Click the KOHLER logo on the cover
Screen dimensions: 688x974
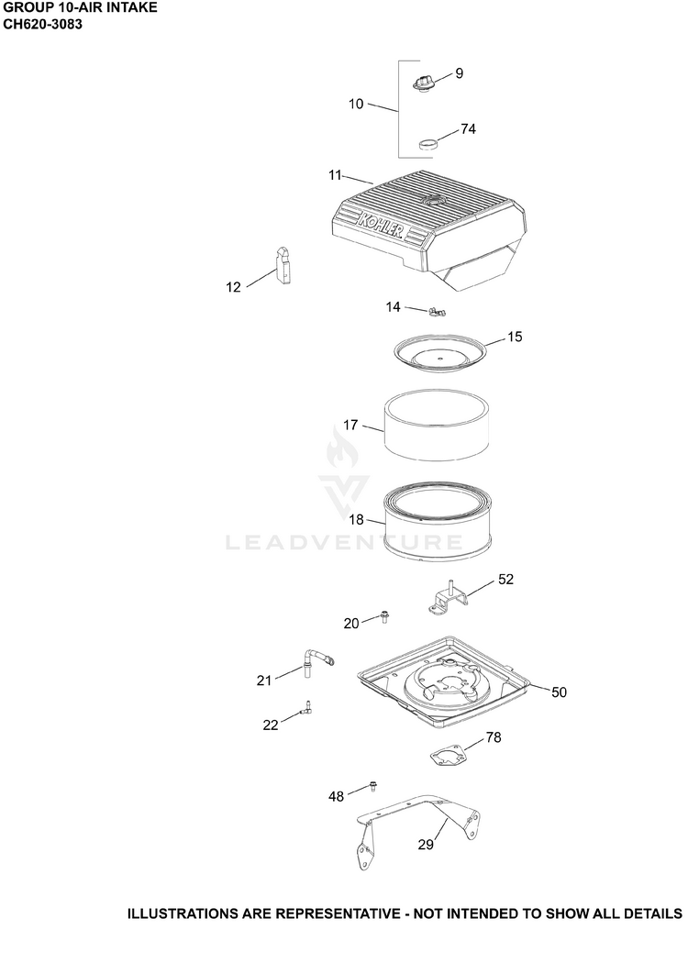click(x=381, y=227)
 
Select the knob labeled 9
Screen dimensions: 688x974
click(x=423, y=83)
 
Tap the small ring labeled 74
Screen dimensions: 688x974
click(x=427, y=144)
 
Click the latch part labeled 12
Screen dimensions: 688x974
click(x=283, y=266)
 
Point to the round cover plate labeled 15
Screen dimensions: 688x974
click(x=440, y=352)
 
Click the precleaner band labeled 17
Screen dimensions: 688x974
click(x=436, y=425)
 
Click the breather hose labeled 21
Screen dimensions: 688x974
click(x=316, y=661)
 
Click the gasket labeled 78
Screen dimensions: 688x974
click(x=449, y=756)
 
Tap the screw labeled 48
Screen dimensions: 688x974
click(x=373, y=786)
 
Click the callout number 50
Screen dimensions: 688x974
click(x=559, y=692)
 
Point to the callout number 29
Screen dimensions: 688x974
click(x=426, y=845)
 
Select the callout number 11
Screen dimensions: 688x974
click(x=335, y=176)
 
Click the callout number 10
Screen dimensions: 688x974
click(x=356, y=104)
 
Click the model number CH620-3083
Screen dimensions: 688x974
click(x=43, y=25)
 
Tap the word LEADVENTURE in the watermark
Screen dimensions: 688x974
click(x=344, y=543)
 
